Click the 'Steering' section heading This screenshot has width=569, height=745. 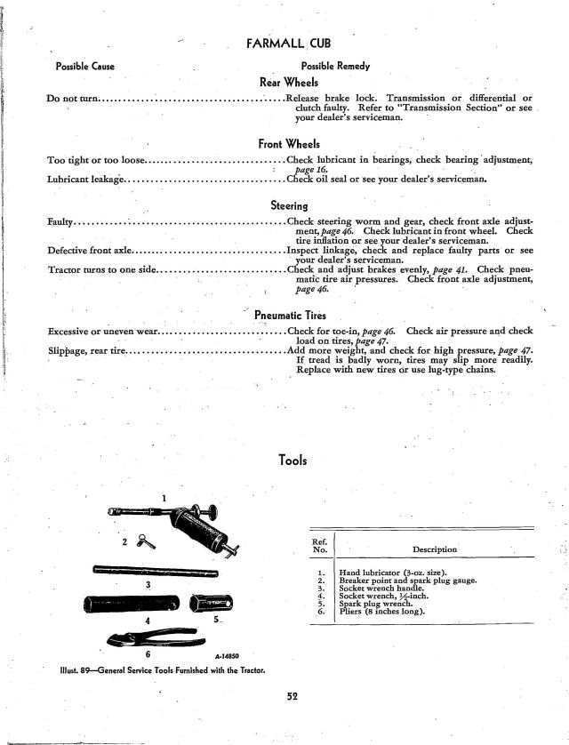289,205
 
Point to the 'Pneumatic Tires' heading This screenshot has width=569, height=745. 289,314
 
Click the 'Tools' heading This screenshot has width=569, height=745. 293,461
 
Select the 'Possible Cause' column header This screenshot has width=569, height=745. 84,67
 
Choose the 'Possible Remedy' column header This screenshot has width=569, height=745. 335,67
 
